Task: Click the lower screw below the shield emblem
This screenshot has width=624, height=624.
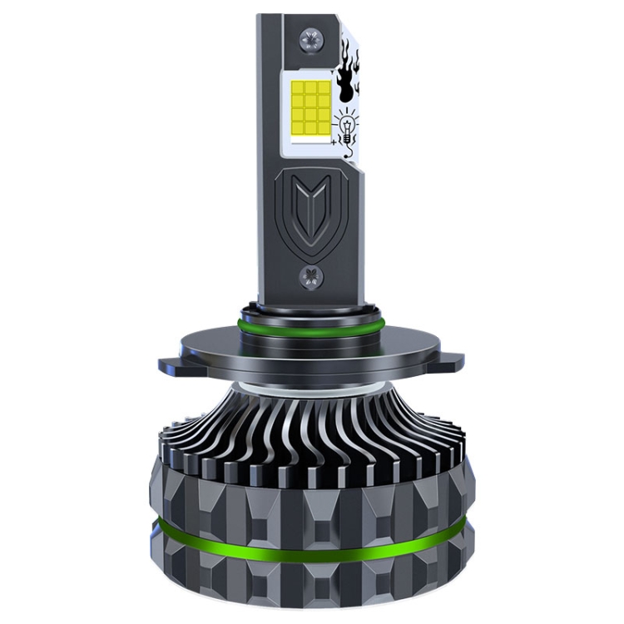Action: coord(311,276)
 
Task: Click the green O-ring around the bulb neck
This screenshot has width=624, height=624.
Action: coord(311,321)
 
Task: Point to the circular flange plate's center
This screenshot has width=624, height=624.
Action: coord(311,354)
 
